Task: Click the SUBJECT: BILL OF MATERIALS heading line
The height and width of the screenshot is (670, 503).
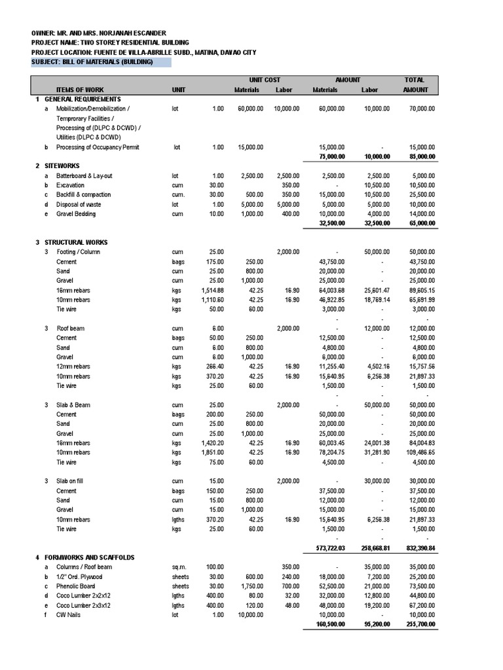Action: click(x=92, y=62)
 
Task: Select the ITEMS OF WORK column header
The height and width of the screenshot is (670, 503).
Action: click(x=80, y=90)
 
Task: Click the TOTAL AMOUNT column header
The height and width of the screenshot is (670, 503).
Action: click(x=415, y=84)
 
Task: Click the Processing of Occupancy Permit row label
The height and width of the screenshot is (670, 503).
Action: click(x=98, y=147)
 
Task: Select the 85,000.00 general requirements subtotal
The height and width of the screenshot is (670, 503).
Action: click(x=421, y=156)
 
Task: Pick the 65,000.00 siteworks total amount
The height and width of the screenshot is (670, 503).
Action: click(x=421, y=223)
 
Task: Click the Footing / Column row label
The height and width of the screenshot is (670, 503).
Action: click(x=79, y=252)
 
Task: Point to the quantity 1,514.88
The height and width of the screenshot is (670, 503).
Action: click(x=213, y=290)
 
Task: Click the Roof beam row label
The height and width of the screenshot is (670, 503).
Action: click(x=71, y=328)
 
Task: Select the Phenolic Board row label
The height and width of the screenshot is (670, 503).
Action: click(x=76, y=586)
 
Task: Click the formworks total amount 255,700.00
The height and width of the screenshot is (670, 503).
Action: click(x=420, y=624)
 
